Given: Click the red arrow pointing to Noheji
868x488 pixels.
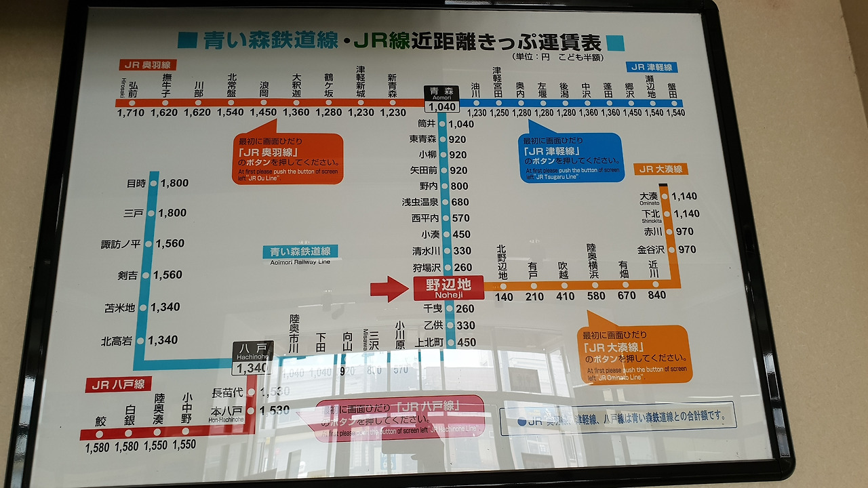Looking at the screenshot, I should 390,289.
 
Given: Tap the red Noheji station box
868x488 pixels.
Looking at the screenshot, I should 448,287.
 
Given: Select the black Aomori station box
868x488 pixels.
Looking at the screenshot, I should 441,99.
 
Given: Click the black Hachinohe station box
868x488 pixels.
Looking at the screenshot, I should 253,358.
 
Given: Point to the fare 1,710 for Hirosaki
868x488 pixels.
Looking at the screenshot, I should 131,113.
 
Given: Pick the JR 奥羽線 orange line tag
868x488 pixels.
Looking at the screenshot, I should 147,65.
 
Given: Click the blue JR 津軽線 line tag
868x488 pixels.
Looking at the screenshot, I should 652,67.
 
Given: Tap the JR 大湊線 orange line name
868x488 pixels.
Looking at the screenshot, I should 659,169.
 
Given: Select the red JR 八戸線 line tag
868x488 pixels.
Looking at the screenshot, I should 119,385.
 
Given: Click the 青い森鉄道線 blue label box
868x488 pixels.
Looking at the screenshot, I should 300,251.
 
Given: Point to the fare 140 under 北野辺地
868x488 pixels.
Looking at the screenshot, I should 504,296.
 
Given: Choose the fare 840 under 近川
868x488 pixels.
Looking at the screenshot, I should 656,296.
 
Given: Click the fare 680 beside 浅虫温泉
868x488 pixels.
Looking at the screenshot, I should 460,202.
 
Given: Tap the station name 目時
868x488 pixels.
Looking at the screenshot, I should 136,183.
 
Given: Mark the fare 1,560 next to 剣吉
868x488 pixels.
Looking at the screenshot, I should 167,275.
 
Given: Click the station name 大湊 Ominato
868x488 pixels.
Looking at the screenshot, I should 649,197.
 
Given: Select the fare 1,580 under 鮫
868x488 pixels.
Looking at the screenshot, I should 98,447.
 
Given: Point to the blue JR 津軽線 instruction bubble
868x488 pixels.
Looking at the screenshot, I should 571,157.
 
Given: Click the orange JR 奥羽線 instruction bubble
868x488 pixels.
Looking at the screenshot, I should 288,159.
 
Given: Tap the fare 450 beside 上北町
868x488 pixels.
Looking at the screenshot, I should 467,342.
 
